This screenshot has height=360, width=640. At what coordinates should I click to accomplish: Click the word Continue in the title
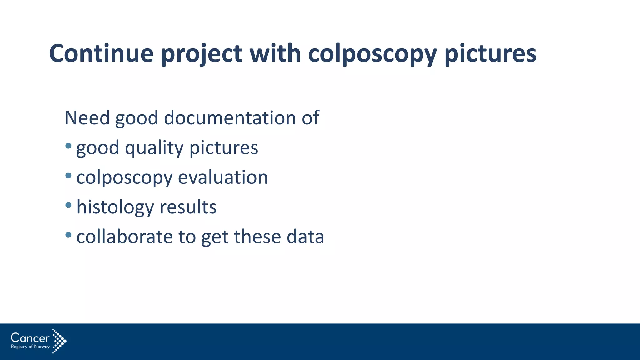[101, 53]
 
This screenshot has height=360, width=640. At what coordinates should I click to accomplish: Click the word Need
[87, 118]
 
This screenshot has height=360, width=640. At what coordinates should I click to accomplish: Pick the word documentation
[230, 118]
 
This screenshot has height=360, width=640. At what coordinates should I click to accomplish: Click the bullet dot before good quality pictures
[68, 146]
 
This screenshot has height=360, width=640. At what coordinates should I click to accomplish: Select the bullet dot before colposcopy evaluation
[68, 175]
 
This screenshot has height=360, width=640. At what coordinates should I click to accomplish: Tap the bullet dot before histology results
[68, 205]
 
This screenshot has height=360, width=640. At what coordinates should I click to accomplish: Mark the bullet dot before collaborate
[68, 235]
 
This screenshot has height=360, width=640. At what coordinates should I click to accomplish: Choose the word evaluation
[223, 177]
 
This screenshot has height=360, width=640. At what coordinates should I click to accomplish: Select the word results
[188, 207]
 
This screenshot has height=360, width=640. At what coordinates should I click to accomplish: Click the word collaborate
[124, 237]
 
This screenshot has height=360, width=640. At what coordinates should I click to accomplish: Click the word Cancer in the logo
[30, 338]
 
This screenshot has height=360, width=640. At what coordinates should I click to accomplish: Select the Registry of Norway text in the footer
[30, 347]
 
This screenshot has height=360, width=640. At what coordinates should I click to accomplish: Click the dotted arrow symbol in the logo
[59, 341]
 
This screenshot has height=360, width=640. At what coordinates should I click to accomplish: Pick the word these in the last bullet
[257, 237]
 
